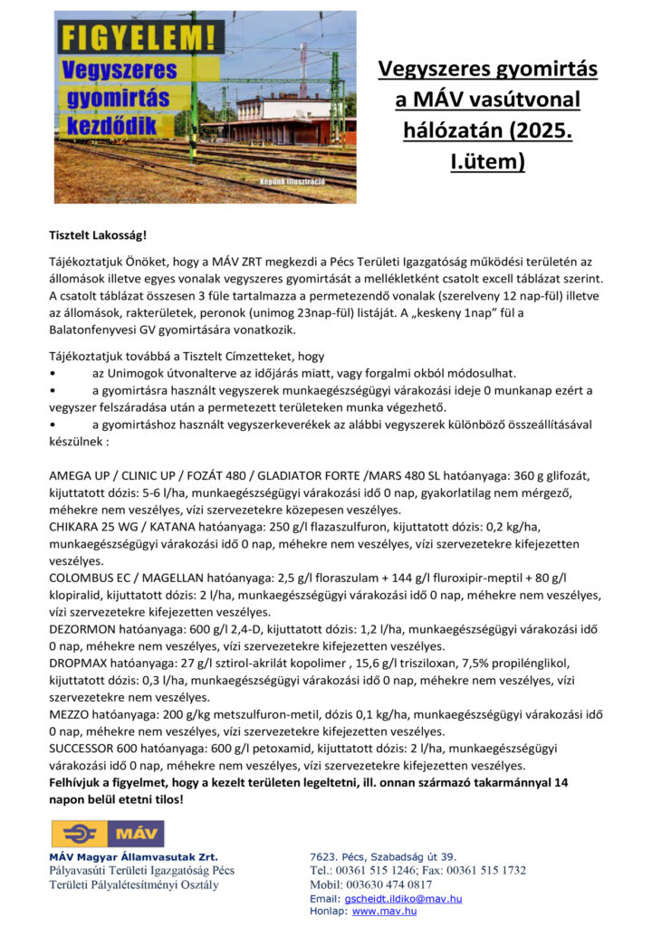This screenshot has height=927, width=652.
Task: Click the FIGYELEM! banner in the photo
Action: pyautogui.click(x=139, y=39)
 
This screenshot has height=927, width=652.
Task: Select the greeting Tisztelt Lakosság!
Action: pyautogui.click(x=94, y=235)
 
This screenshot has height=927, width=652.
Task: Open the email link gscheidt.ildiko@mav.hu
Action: pyautogui.click(x=404, y=898)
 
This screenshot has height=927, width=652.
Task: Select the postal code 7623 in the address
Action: pyautogui.click(x=325, y=856)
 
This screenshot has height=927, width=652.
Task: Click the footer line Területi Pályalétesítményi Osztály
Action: pyautogui.click(x=133, y=884)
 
